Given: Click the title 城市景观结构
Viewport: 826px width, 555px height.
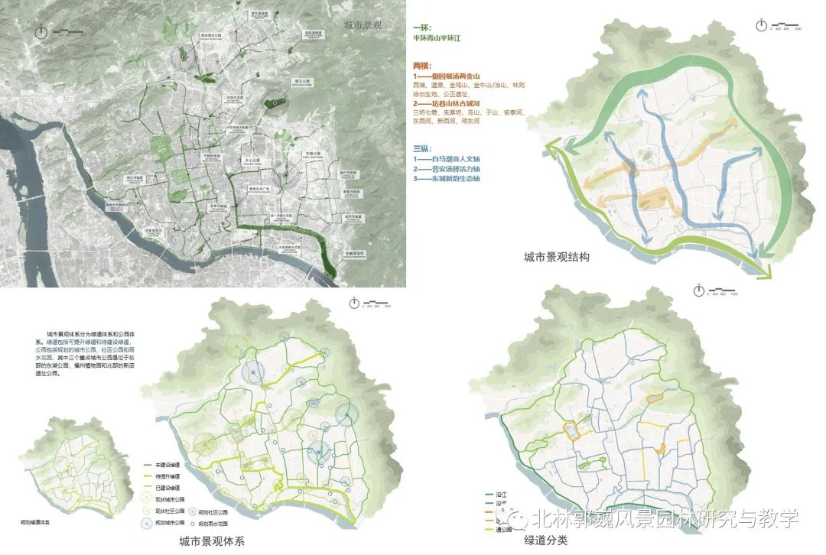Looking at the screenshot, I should point(556,257).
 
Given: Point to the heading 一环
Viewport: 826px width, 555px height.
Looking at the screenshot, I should point(422,28).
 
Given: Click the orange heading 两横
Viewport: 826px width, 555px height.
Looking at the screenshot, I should point(423,66).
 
